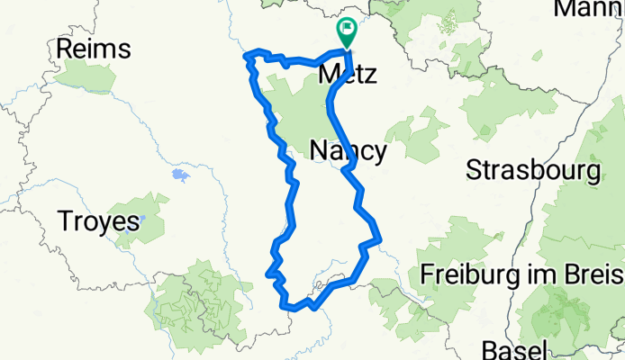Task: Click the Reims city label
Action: coord(94,49)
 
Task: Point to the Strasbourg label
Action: coord(534,169)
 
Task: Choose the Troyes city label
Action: coord(98,220)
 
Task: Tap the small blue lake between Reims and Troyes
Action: coord(181,173)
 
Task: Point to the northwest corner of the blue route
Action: coord(247,57)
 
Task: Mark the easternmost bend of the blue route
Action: coord(379,239)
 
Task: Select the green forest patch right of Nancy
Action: coord(416,135)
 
